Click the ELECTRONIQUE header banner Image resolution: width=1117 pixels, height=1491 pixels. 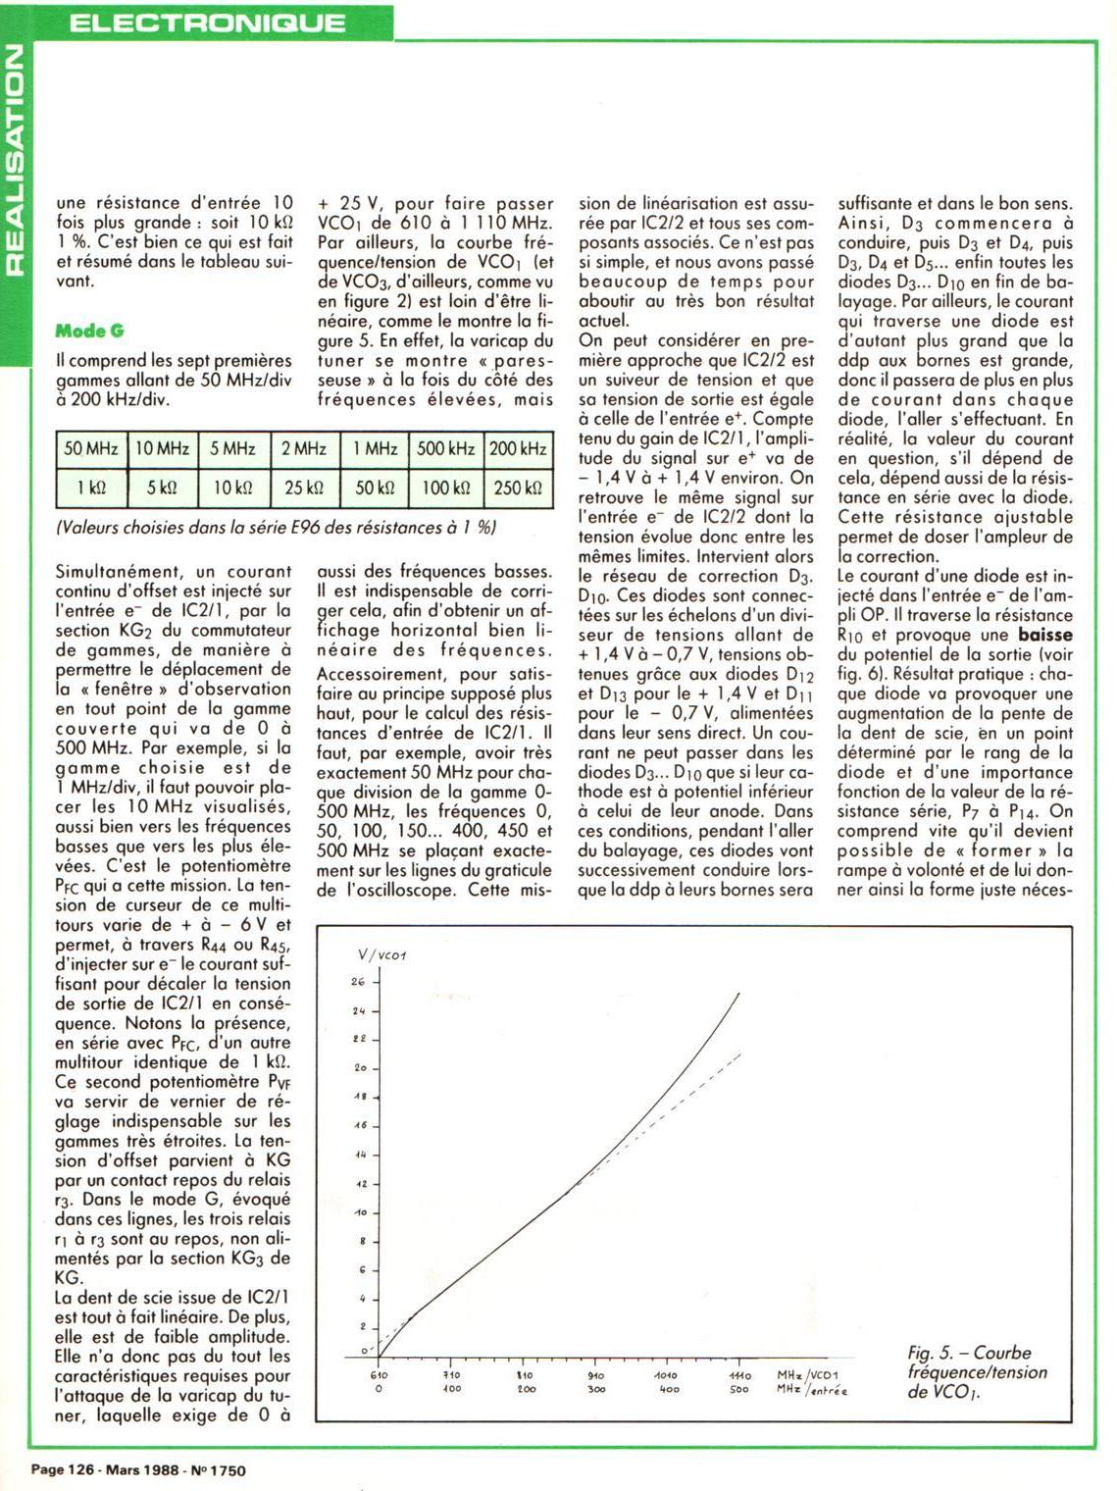[x=207, y=22]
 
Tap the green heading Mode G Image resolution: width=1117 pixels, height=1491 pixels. [x=90, y=331]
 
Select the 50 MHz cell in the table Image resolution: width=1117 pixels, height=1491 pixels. [x=91, y=449]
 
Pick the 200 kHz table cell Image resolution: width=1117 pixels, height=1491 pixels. [x=517, y=449]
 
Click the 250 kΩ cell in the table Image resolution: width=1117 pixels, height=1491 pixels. [x=517, y=488]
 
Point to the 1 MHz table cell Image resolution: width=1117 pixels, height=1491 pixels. [x=375, y=449]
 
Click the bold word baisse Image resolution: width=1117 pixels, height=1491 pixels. [x=1044, y=635]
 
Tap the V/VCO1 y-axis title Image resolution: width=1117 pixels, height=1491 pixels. [x=381, y=954]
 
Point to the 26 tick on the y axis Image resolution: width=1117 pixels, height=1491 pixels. [x=358, y=982]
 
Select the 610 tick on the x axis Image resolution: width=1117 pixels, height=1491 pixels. [x=379, y=1375]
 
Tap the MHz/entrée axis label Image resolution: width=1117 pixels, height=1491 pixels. [x=811, y=1390]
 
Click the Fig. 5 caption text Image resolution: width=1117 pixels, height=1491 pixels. [x=976, y=1371]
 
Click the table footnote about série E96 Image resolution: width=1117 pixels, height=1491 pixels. [x=277, y=528]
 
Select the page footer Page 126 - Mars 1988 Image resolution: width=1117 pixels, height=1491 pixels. [x=138, y=1469]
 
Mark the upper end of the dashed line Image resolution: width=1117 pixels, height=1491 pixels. [x=739, y=1054]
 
